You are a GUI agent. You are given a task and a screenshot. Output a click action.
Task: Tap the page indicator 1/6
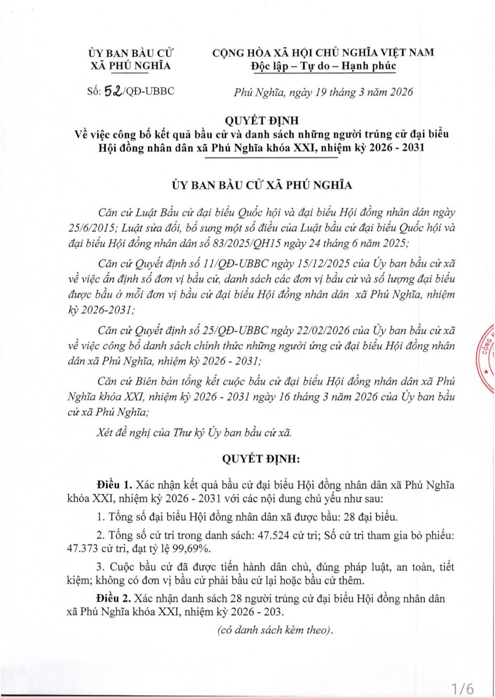click(462, 688)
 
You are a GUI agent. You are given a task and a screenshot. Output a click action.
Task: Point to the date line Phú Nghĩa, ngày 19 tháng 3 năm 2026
click(323, 92)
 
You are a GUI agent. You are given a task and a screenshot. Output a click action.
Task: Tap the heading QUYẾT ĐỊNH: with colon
click(261, 459)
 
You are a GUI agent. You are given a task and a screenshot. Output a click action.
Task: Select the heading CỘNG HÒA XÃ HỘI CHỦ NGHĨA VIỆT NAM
click(323, 52)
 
